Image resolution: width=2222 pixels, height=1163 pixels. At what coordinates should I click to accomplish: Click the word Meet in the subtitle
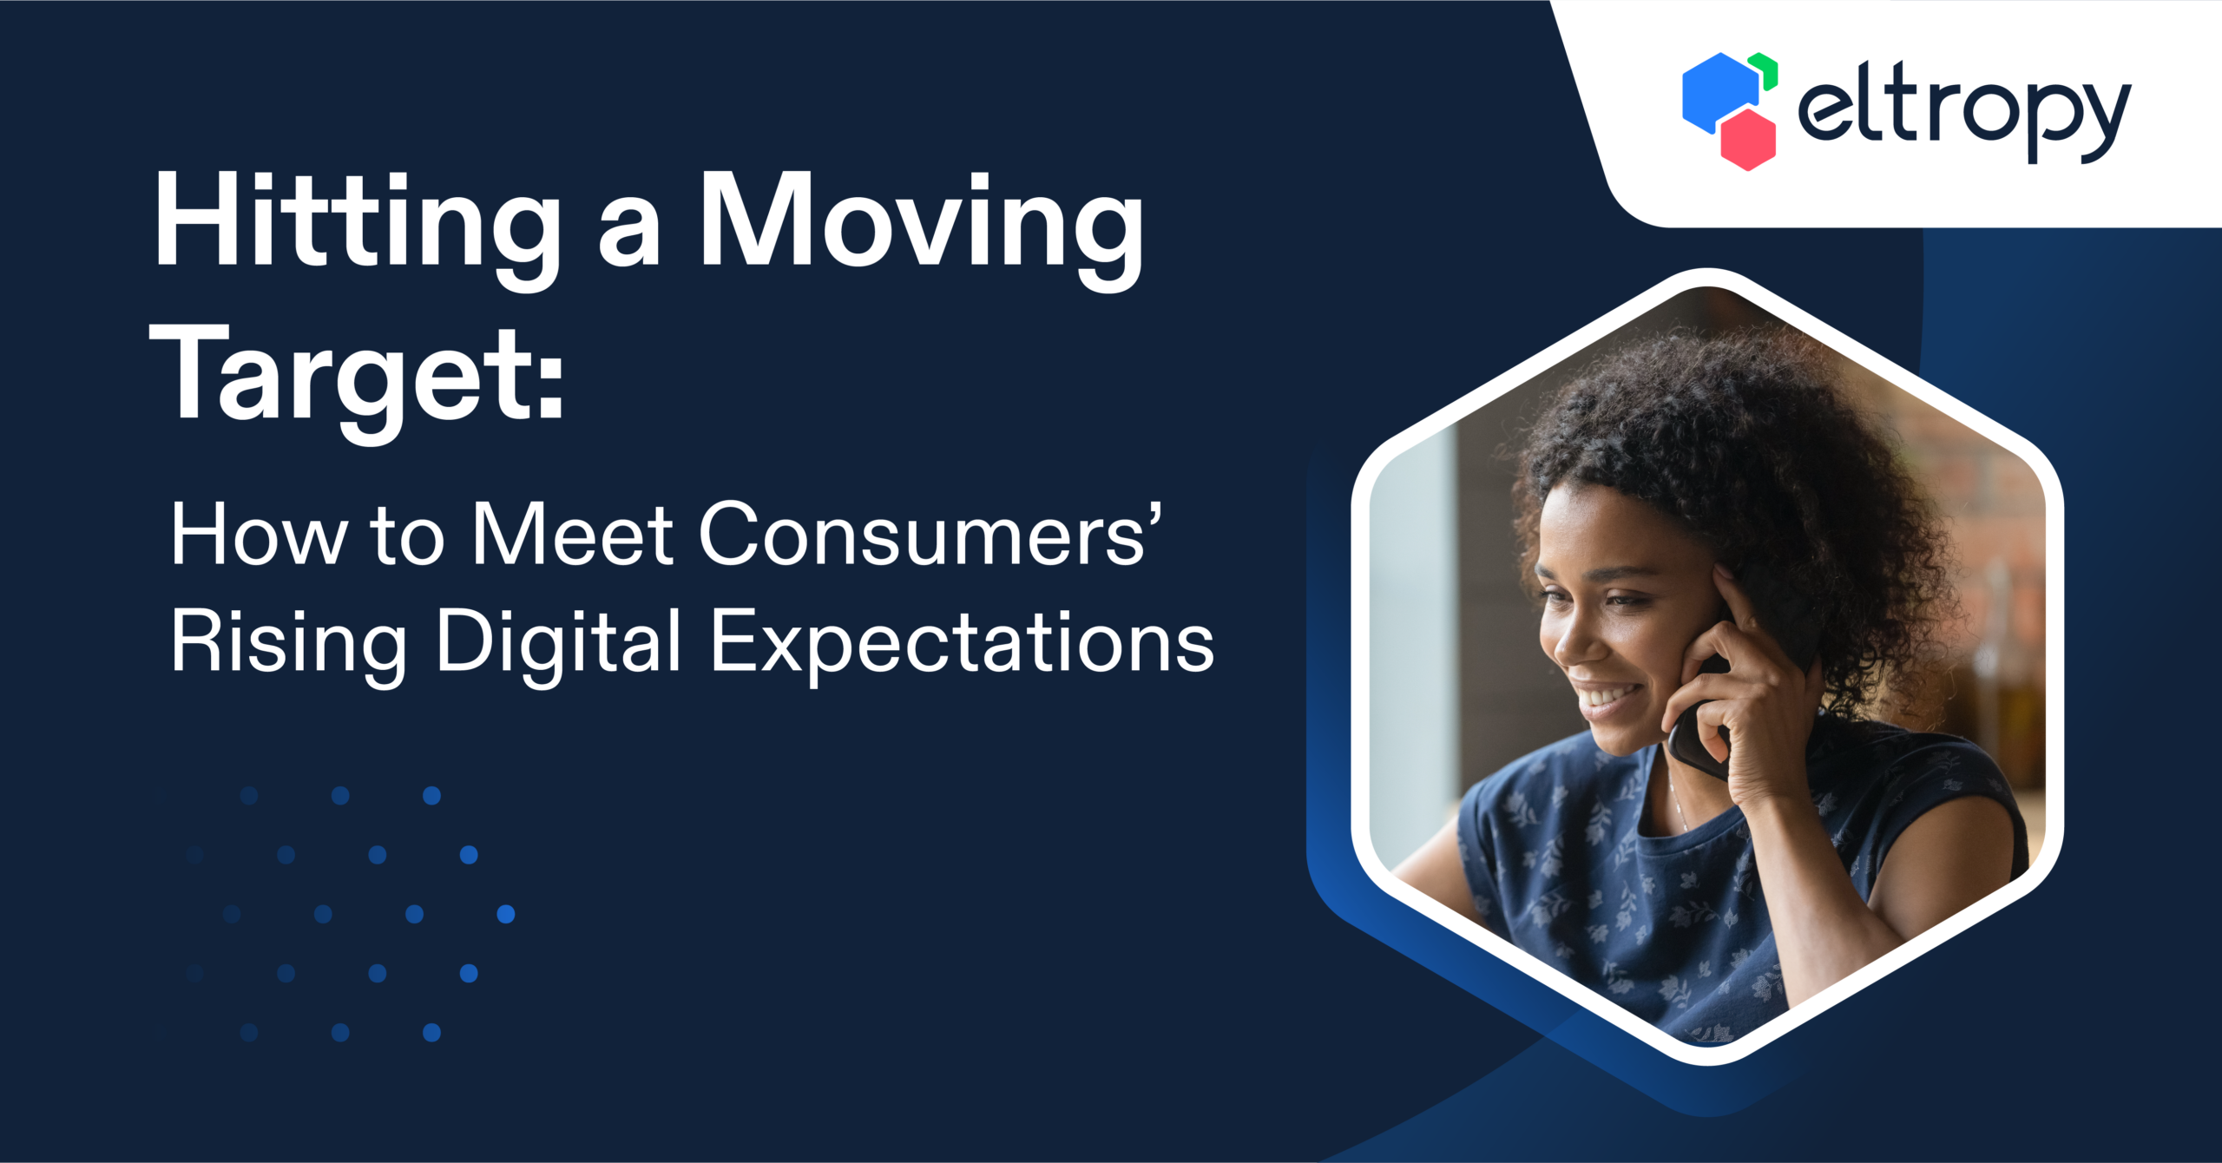[573, 535]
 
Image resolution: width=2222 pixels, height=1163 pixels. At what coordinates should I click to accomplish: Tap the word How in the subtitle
[258, 535]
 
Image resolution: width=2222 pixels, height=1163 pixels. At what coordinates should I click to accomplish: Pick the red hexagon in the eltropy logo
[1748, 139]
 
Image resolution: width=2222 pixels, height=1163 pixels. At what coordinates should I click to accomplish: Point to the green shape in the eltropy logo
[1765, 69]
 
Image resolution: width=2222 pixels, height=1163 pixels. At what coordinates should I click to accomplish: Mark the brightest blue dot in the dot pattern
[506, 914]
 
